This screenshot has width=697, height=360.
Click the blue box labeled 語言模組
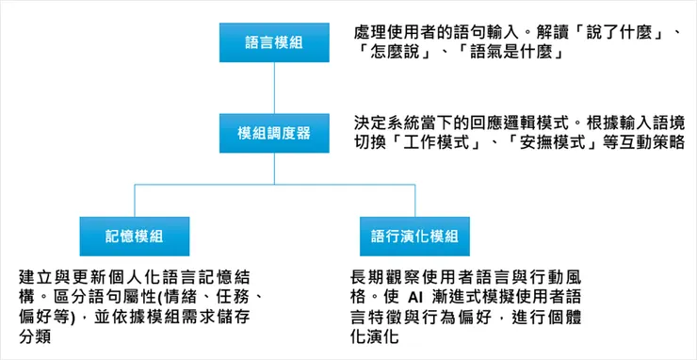coord(273,44)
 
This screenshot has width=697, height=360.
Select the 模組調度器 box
coord(273,134)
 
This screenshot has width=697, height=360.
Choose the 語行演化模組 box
coord(413,236)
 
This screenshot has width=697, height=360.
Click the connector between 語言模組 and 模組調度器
coord(273,89)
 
